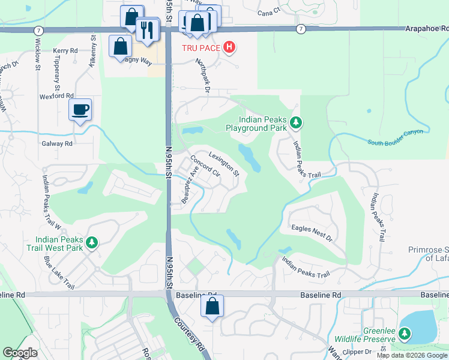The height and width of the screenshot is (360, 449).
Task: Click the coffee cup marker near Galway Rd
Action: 80,109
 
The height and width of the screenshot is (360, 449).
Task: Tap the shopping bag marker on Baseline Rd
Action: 212,306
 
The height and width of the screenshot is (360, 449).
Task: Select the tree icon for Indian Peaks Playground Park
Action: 295,123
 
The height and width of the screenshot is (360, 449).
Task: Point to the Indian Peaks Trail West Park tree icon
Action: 91,242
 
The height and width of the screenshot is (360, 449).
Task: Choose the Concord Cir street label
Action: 205,169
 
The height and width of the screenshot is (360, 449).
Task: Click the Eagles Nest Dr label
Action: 312,233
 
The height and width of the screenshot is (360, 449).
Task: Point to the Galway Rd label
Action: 57,143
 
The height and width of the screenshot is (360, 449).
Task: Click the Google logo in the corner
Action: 20,353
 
